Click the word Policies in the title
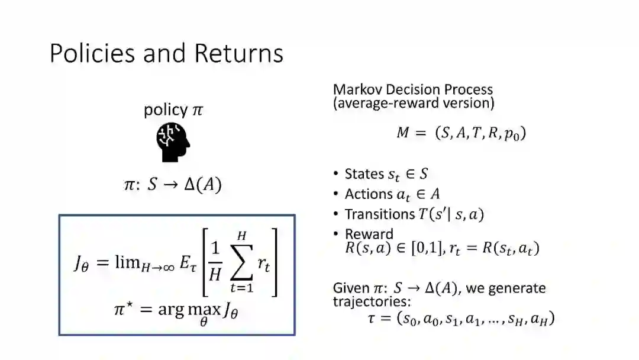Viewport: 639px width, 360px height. click(x=92, y=53)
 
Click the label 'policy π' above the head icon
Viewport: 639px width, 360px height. click(x=173, y=110)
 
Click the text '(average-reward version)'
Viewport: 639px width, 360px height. click(x=414, y=103)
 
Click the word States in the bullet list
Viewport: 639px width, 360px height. click(x=364, y=174)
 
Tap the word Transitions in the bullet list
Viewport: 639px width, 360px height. click(x=380, y=214)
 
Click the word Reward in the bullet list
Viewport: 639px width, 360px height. click(x=369, y=234)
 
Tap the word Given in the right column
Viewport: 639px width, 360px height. click(x=351, y=288)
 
